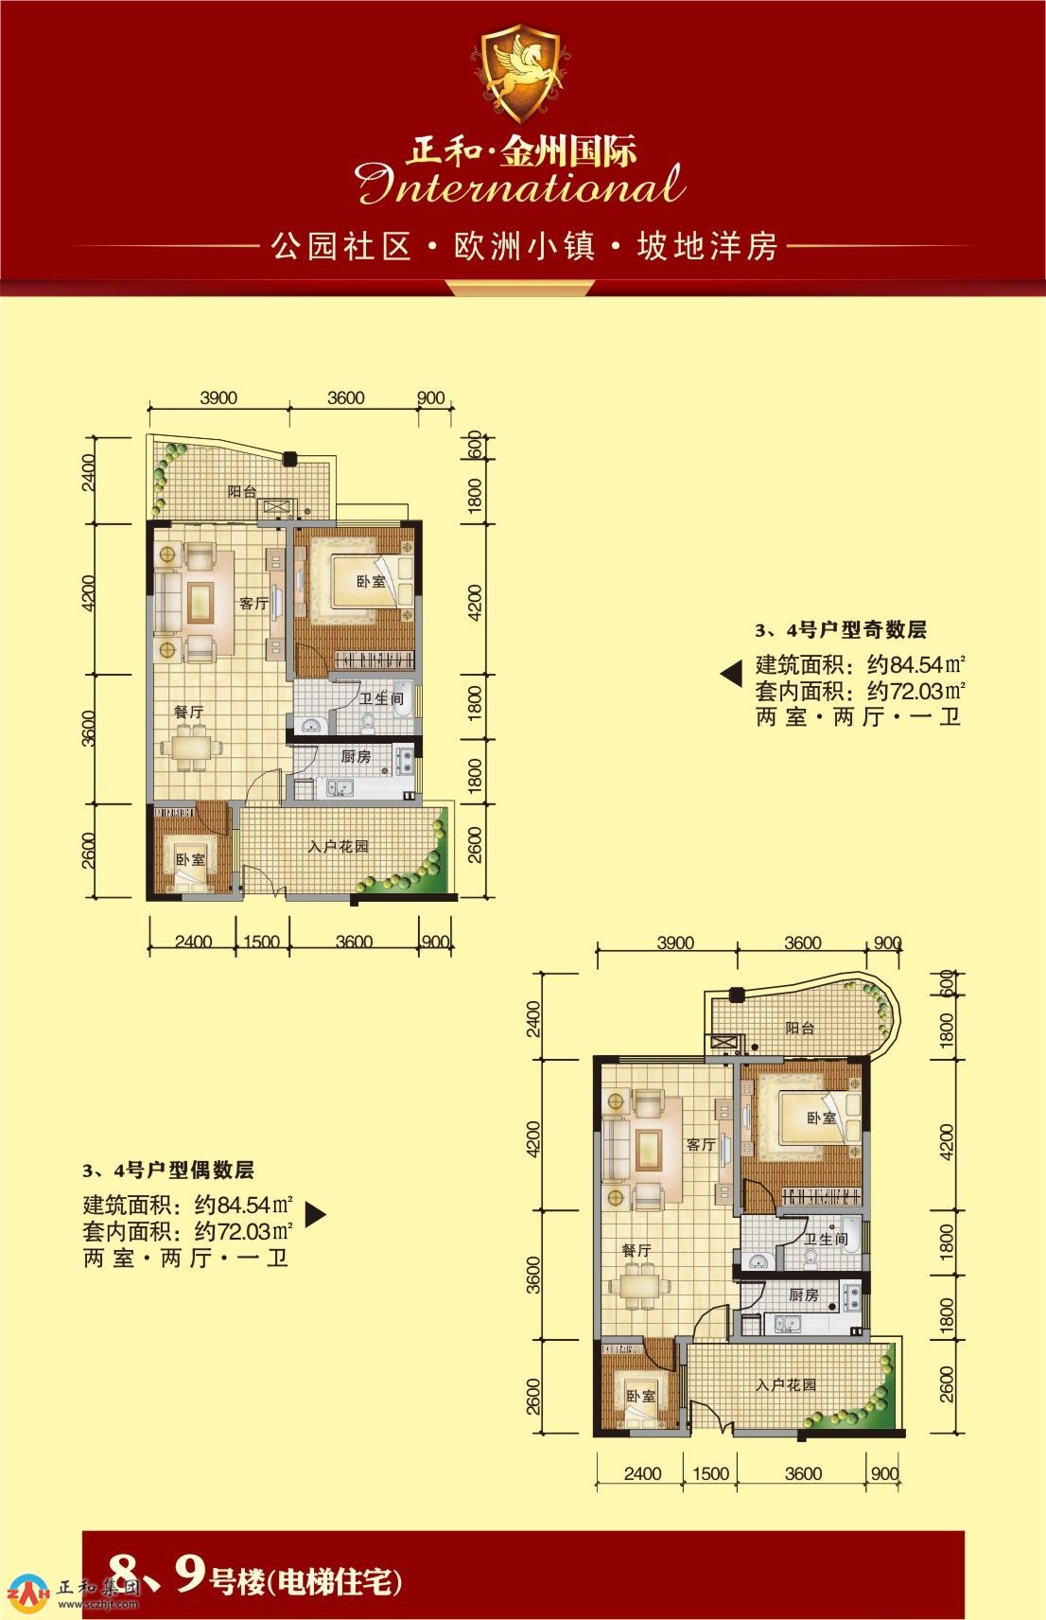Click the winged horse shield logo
520,72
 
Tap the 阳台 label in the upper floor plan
242,492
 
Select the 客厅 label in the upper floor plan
253,603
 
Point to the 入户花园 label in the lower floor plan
786,1385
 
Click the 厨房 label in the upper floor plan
355,756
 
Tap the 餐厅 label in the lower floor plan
636,1250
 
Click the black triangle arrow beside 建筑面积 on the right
732,675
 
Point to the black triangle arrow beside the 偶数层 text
315,1214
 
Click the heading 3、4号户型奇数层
841,630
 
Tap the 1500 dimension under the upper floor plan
261,942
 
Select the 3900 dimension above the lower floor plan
675,943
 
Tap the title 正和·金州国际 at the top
522,151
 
